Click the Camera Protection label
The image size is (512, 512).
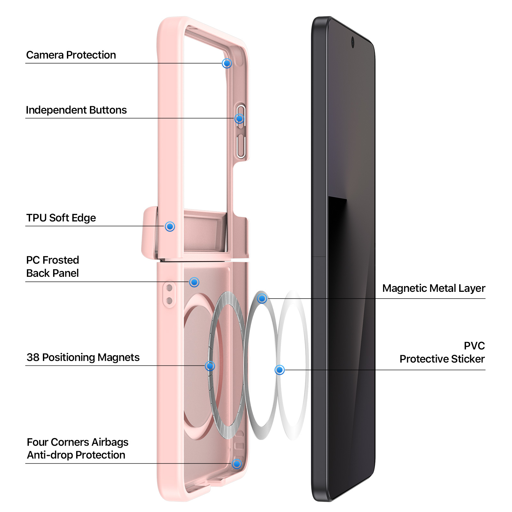pos(71,55)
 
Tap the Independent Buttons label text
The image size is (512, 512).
pos(76,110)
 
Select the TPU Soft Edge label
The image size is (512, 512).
pos(61,218)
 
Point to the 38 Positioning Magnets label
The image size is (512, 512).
pos(83,357)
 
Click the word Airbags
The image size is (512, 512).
pos(110,443)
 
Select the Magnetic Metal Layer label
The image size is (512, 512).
pos(434,288)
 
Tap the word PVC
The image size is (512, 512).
pos(475,346)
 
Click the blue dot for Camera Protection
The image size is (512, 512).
pos(227,63)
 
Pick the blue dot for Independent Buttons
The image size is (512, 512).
pos(239,119)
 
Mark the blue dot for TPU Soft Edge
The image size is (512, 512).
pos(170,227)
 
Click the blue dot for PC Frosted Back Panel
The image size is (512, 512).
pos(194,282)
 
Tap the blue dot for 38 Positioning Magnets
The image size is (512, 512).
pos(210,366)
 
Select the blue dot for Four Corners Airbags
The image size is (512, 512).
pos(237,464)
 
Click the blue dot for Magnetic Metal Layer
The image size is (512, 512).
pos(262,299)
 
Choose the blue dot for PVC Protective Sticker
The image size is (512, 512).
pos(280,370)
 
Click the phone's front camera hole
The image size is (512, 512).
pos(353,42)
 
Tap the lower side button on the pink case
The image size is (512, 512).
pos(241,146)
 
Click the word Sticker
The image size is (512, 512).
pos(466,359)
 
